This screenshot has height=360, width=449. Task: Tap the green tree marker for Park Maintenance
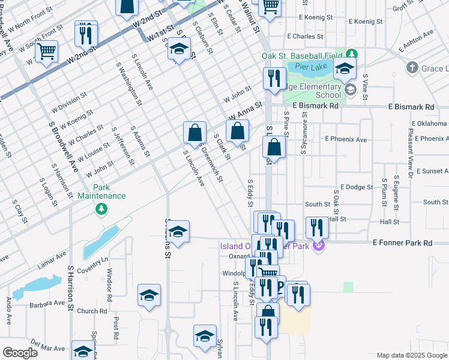(101, 208)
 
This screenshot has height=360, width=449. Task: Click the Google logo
(20, 353)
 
